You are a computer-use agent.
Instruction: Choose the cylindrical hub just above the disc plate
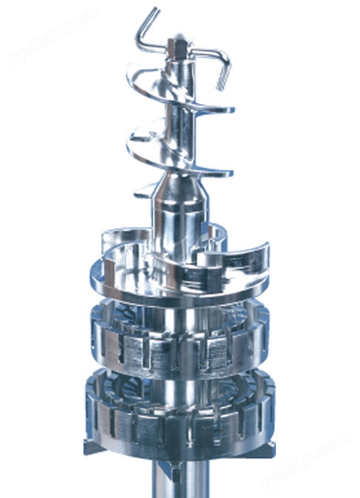(x=174, y=228)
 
